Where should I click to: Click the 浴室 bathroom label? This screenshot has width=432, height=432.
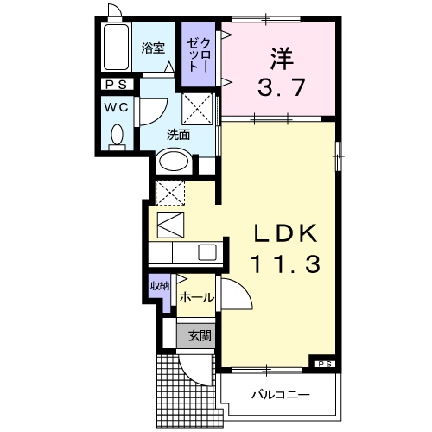[x=153, y=49]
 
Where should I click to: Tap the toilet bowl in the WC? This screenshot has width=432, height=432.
[x=118, y=137]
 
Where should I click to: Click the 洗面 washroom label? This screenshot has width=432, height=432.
[x=179, y=135]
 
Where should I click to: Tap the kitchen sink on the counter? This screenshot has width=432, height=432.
[x=207, y=252]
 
